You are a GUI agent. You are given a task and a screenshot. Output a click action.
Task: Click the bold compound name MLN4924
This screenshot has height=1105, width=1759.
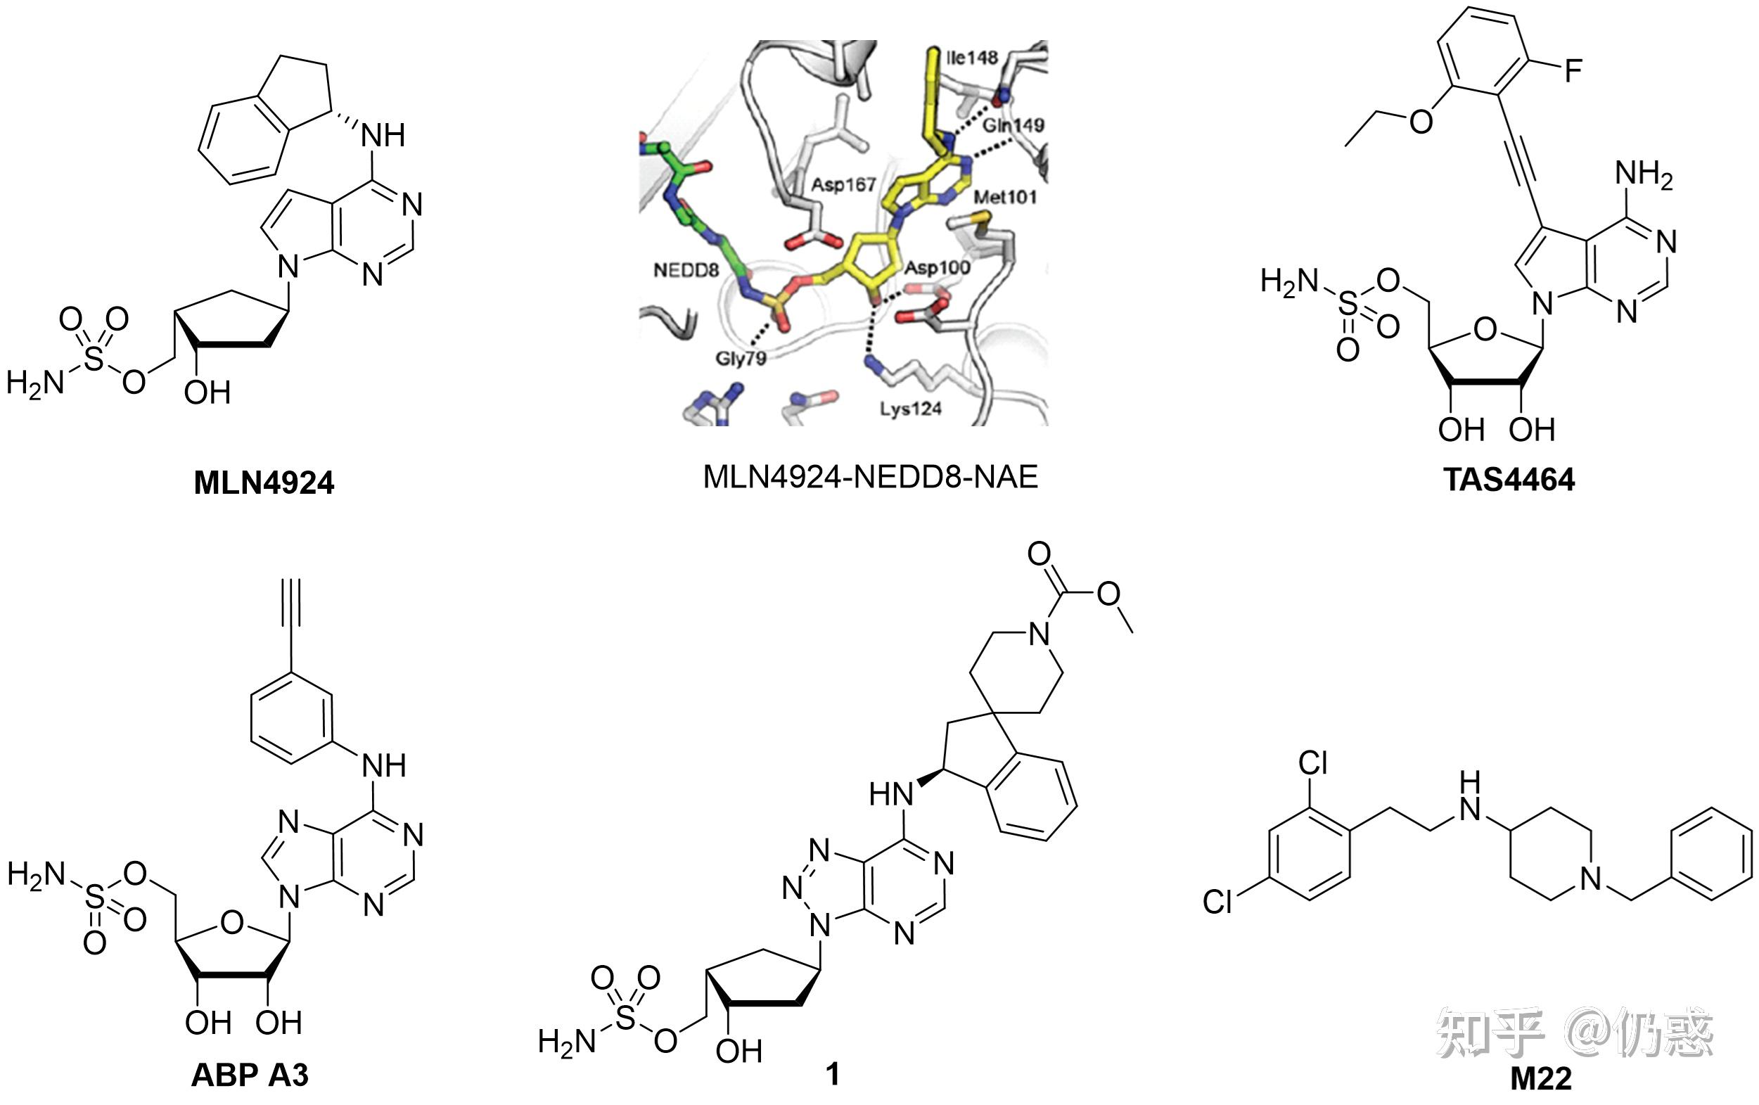264,483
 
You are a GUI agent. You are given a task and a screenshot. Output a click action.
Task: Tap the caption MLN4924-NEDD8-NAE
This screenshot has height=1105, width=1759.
870,477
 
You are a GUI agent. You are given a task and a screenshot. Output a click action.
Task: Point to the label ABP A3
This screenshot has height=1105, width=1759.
250,1075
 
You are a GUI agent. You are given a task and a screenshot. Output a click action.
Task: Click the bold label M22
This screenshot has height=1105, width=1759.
1541,1079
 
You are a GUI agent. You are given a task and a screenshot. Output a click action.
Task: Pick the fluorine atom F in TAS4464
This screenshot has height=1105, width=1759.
1572,72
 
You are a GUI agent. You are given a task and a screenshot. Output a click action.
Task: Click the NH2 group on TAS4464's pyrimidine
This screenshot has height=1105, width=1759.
1644,175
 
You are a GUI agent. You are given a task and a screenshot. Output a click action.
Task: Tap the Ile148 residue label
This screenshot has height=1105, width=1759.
971,58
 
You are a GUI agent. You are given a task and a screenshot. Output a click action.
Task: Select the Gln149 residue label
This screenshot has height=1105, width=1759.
1013,126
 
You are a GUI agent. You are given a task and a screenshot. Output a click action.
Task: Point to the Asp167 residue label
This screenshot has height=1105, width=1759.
843,184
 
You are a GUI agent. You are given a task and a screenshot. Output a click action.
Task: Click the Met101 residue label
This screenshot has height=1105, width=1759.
1005,196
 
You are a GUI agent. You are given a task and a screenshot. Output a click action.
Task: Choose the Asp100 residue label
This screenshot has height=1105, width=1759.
938,267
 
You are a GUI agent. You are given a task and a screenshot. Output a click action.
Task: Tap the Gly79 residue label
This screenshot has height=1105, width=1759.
741,359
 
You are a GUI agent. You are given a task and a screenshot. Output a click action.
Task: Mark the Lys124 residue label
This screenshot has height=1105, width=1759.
910,408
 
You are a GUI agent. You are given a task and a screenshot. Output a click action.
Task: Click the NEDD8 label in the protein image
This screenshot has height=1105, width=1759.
686,270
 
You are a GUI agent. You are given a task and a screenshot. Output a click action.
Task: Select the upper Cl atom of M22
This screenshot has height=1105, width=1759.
1312,764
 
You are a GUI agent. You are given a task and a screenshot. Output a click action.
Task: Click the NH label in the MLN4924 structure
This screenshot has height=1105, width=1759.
383,135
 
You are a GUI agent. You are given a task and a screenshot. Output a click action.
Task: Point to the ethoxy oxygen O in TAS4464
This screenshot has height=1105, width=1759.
1421,122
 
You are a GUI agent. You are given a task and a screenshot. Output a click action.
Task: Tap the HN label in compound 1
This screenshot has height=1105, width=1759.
891,795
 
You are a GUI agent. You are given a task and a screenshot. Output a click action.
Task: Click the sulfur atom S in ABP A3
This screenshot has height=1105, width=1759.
95,897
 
